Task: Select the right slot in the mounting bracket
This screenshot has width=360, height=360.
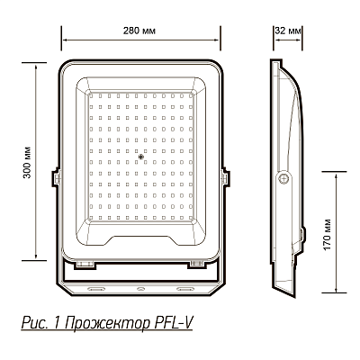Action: point(187,289)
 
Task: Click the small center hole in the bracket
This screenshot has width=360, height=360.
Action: point(141,289)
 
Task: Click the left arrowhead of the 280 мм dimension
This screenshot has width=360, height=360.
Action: point(63,40)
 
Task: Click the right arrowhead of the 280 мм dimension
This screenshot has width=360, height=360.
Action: point(220,40)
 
